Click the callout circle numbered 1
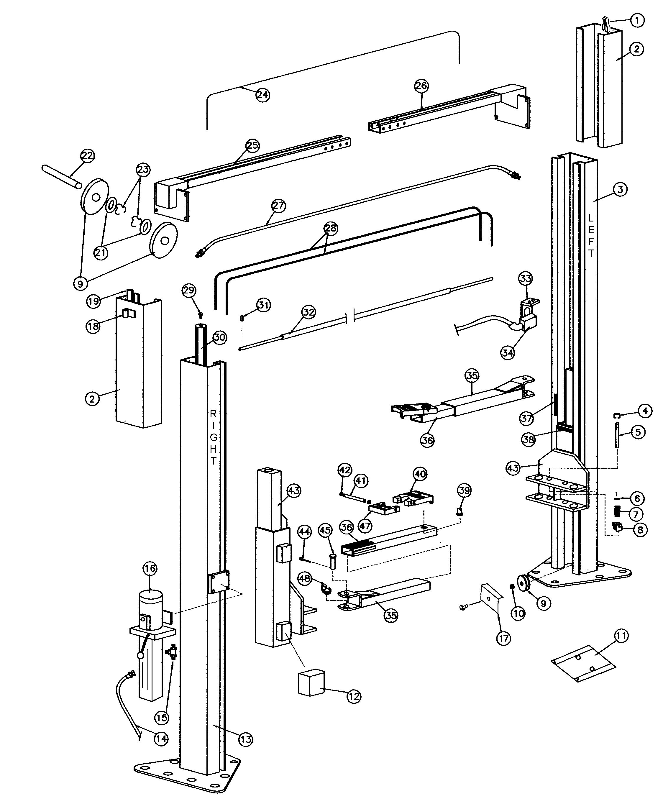coord(637,20)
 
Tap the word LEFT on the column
coord(590,235)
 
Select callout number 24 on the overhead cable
coord(262,94)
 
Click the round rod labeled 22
coord(61,176)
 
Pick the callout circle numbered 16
coord(150,580)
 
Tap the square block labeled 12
coord(311,682)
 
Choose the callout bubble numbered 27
coord(278,206)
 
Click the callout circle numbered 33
coord(526,278)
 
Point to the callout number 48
coord(304,579)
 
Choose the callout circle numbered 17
coord(503,638)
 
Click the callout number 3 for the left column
coord(620,189)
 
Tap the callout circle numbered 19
coord(93,301)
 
